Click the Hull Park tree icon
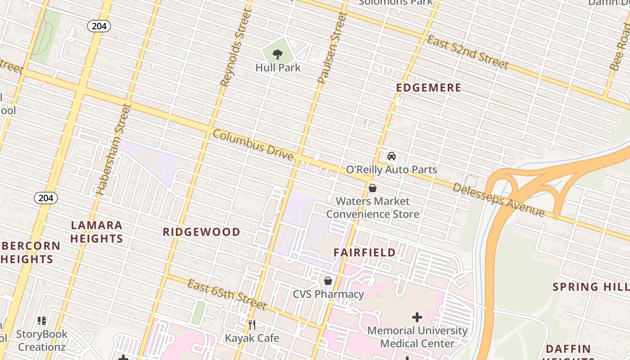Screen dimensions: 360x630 point(278,55)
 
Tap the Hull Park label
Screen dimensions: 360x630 point(278,67)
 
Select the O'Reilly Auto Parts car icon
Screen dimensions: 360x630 point(391,156)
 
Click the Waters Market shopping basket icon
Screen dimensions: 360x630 point(373,188)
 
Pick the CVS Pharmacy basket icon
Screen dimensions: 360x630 point(328,281)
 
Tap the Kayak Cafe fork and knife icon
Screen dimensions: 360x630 point(252,324)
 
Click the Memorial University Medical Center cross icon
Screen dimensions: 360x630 point(417,317)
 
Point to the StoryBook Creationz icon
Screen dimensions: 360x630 point(42,321)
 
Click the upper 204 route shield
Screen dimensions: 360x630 point(99,26)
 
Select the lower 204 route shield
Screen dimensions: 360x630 point(46,198)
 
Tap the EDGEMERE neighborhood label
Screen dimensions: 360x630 point(429,88)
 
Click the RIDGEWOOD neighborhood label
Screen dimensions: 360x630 point(201,232)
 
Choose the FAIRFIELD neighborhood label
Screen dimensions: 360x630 point(364,252)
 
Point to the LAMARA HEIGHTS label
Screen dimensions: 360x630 point(96,232)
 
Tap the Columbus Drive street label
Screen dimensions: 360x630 point(253,145)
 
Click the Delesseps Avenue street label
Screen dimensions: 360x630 point(499,200)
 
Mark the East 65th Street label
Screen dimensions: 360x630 point(227,295)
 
